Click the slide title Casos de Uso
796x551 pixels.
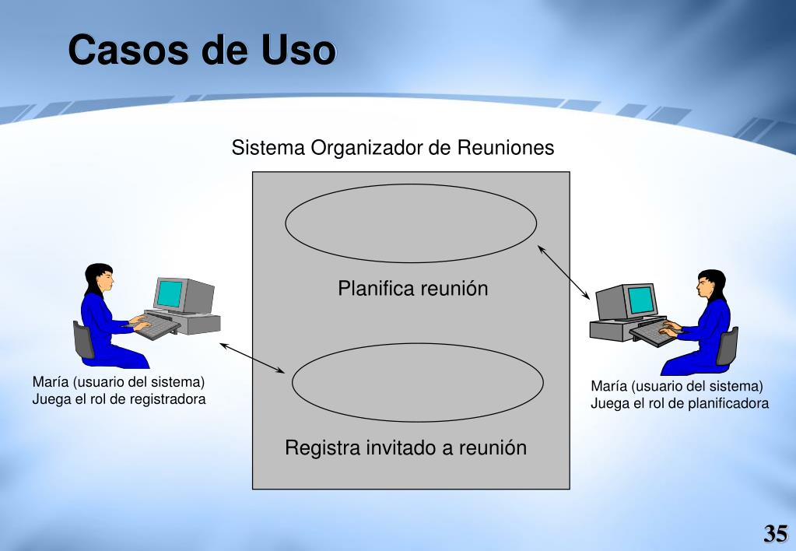point(202,50)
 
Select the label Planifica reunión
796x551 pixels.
point(412,289)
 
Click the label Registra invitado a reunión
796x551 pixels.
point(405,447)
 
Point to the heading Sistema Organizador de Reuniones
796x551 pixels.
point(392,147)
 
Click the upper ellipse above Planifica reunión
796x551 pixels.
point(411,184)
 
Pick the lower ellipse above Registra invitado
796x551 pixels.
point(417,344)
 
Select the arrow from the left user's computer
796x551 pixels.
point(252,358)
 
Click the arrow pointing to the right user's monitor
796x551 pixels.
point(563,272)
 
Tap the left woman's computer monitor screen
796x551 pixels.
point(169,294)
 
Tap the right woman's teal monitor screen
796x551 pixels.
point(640,300)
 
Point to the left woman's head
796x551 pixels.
point(100,278)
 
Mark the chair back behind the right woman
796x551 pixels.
point(728,346)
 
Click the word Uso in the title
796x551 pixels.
point(299,50)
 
